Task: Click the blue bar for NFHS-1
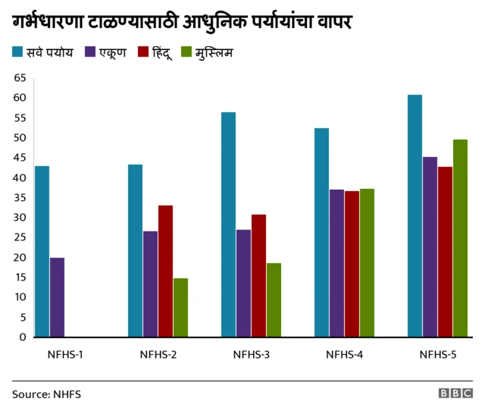click(x=42, y=251)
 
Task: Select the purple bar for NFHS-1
click(x=57, y=297)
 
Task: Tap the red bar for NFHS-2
click(x=165, y=271)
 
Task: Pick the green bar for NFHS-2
click(x=180, y=307)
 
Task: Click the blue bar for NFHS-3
click(x=228, y=224)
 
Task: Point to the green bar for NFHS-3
click(x=274, y=299)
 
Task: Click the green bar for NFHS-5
click(x=460, y=238)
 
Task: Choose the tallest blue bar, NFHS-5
click(x=415, y=215)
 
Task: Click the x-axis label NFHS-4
click(x=345, y=354)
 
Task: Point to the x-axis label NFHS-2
click(x=158, y=354)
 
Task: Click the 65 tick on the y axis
click(x=20, y=78)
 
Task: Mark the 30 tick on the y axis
click(x=20, y=218)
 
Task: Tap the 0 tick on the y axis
click(x=23, y=337)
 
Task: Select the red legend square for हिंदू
click(x=142, y=52)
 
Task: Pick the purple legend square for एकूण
click(x=89, y=52)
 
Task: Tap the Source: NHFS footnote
click(x=46, y=394)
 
